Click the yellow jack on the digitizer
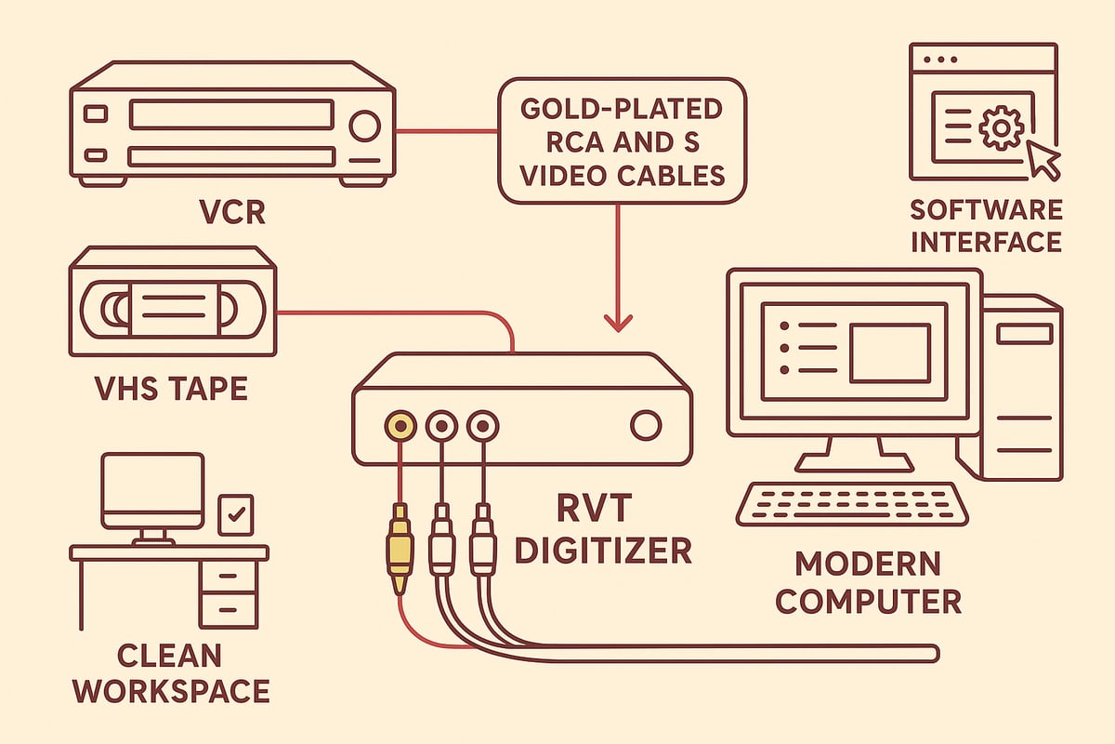click(400, 426)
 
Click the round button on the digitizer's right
click(644, 426)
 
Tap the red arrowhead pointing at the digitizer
click(618, 321)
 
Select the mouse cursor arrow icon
click(1043, 161)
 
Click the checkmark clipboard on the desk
click(235, 514)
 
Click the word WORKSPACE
click(172, 691)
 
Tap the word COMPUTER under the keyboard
click(869, 601)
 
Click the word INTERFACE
click(986, 241)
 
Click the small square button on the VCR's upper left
click(96, 113)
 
